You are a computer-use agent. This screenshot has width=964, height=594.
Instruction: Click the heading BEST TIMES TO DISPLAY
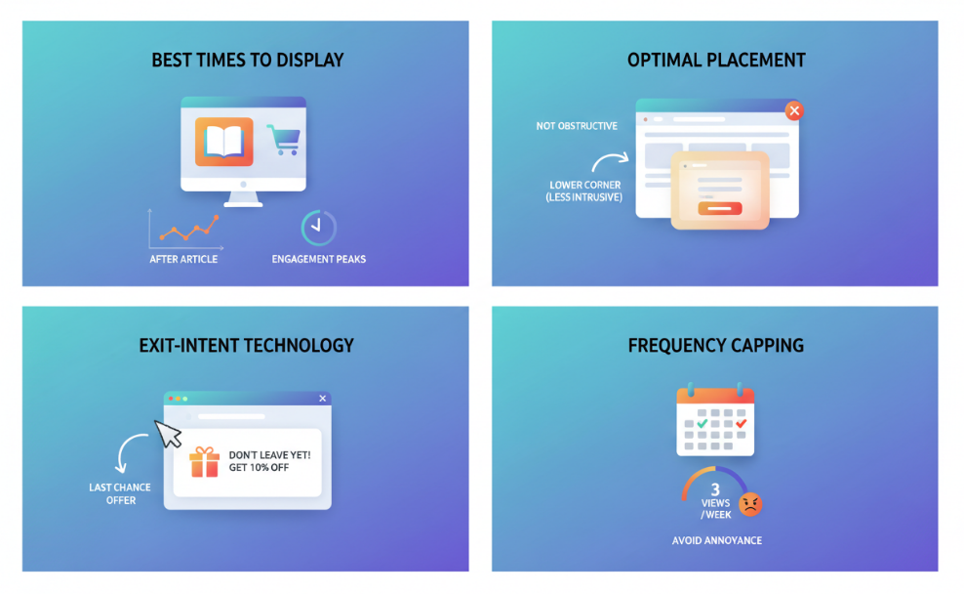point(248,61)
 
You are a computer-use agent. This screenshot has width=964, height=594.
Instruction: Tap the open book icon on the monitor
point(223,143)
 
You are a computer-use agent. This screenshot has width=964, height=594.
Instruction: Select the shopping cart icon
point(283,140)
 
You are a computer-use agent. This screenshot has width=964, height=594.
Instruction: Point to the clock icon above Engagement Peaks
point(318,227)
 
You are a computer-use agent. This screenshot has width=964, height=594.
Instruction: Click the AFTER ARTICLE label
point(183,259)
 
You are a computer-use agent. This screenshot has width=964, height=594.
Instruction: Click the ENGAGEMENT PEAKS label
point(319,259)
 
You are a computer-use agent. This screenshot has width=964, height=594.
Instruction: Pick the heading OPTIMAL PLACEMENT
point(716,61)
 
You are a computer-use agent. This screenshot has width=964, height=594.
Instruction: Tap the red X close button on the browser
point(794,110)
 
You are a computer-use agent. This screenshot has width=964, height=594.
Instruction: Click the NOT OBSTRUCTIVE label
point(577,126)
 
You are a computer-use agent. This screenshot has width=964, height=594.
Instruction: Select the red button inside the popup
point(721,208)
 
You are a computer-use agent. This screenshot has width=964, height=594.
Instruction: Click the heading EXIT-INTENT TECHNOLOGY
point(246,346)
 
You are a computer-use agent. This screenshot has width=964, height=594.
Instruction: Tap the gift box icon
point(205,461)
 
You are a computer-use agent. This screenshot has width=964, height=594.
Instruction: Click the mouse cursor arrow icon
point(169,433)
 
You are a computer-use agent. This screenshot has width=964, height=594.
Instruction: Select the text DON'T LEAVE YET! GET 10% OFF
point(269,461)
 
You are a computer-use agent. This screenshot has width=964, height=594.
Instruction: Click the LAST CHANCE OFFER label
point(121,494)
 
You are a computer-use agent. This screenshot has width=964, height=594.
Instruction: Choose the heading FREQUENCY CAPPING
point(716,346)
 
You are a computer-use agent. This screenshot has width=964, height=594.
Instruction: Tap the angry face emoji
point(750,504)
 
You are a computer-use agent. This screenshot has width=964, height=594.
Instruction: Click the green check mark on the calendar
point(703,424)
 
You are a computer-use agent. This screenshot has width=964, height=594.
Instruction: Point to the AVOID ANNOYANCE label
point(717,540)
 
